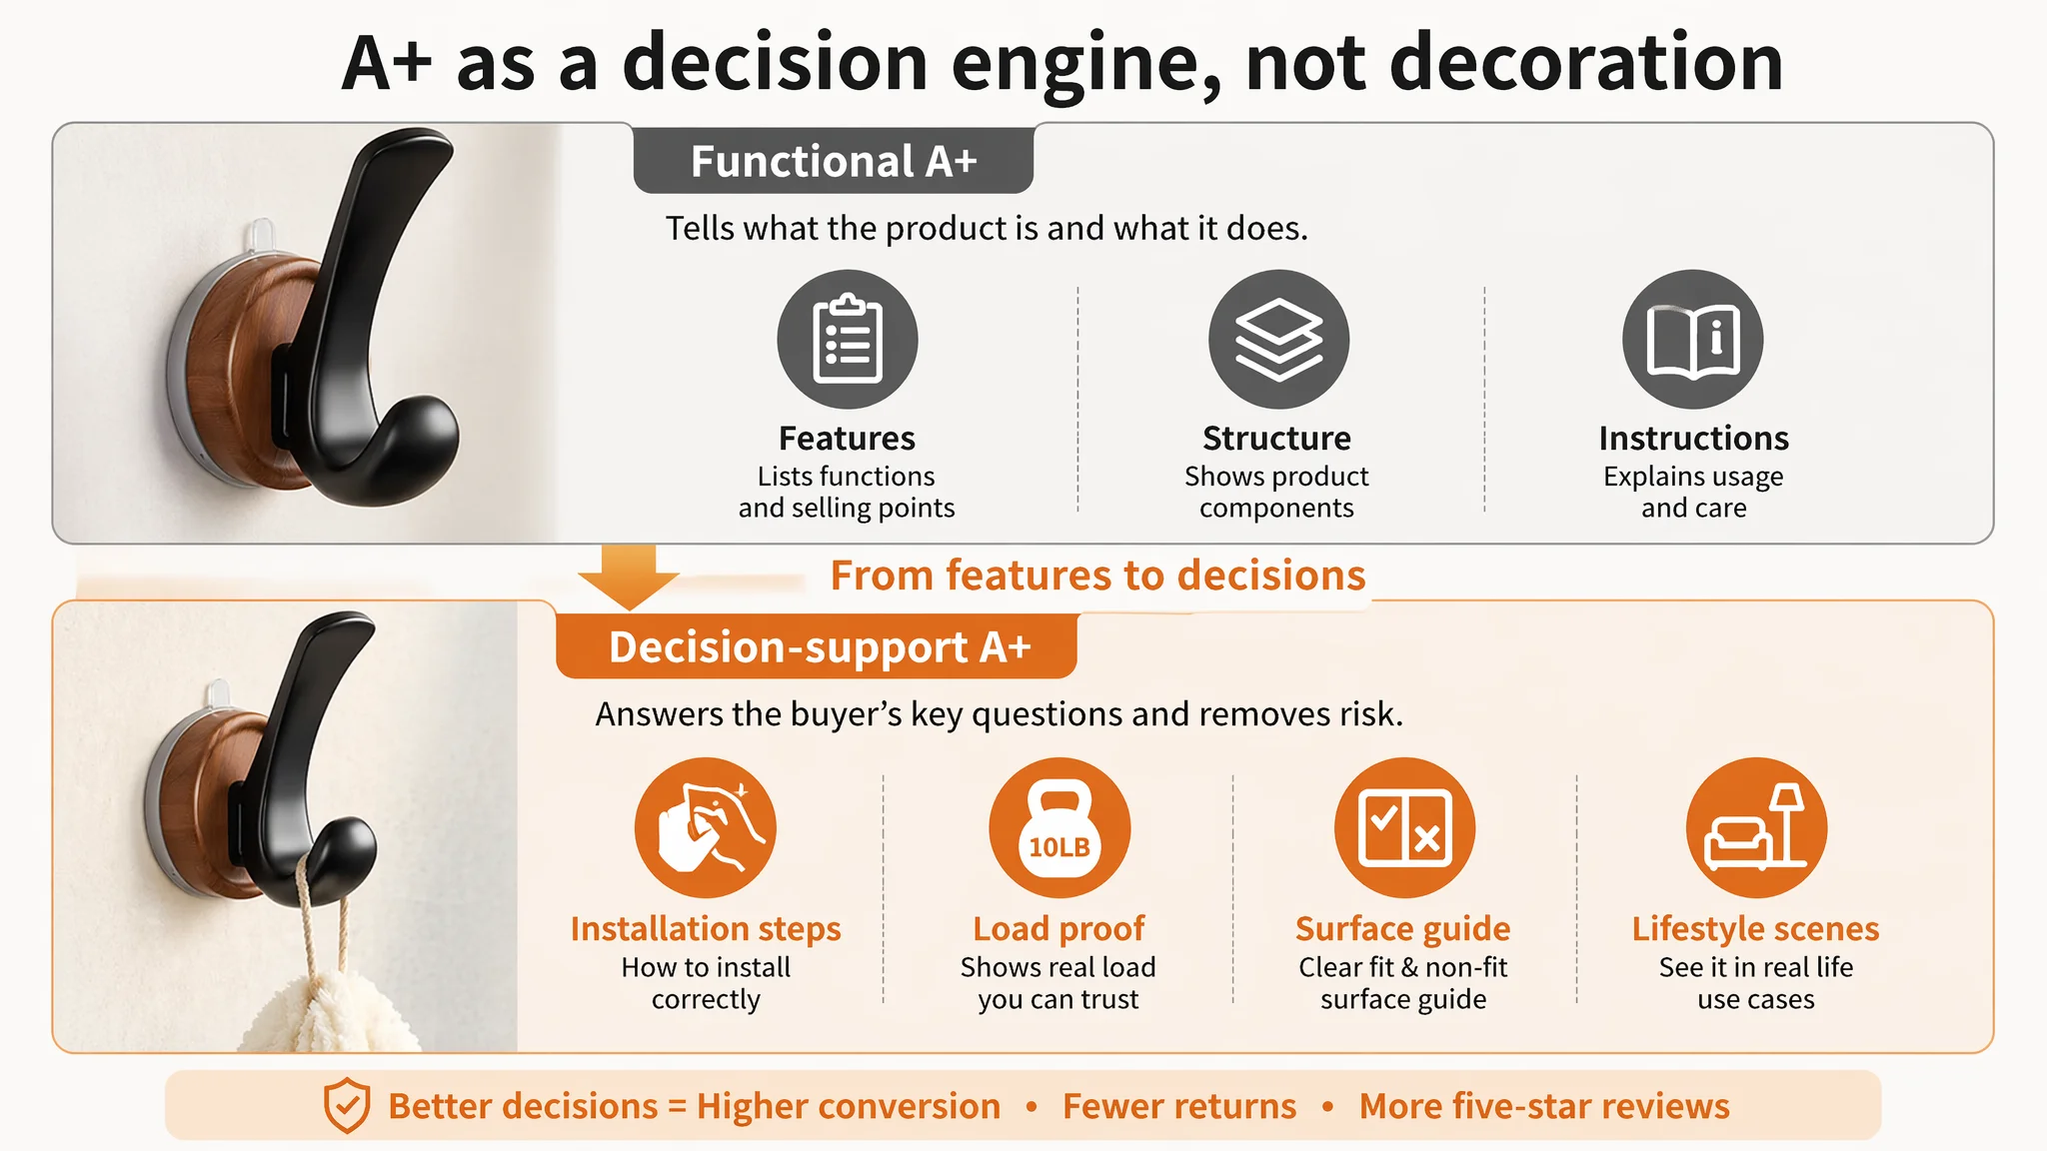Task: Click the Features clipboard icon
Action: [848, 339]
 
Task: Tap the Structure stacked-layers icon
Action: [1278, 339]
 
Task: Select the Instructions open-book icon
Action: [1693, 339]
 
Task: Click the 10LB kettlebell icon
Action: [1059, 827]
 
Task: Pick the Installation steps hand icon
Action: [706, 827]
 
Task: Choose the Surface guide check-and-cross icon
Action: [1404, 827]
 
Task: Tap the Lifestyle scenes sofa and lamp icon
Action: [1756, 827]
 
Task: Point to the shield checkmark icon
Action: [347, 1105]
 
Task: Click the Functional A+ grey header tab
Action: [834, 160]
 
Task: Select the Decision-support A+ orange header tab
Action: [817, 646]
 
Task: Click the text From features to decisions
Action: [1097, 575]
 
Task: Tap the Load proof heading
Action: [1058, 928]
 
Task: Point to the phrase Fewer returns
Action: [1179, 1106]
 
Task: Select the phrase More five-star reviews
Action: [1544, 1106]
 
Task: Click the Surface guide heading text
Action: [1403, 928]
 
